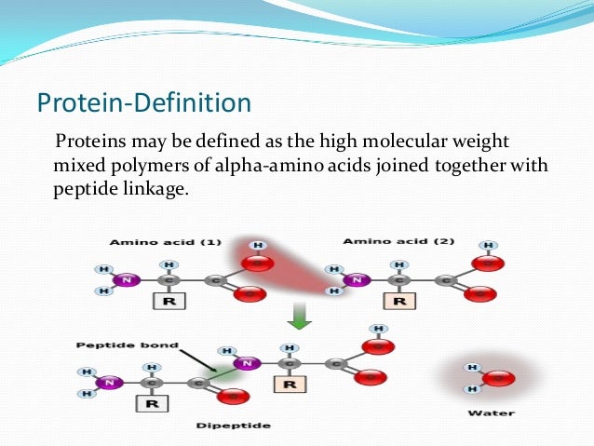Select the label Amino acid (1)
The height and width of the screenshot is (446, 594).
click(x=165, y=242)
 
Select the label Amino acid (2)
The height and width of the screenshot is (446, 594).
click(x=398, y=241)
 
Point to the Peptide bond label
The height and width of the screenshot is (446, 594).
click(x=115, y=345)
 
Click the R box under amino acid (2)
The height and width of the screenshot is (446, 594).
click(x=400, y=302)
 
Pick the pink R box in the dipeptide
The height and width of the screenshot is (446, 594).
click(x=290, y=383)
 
